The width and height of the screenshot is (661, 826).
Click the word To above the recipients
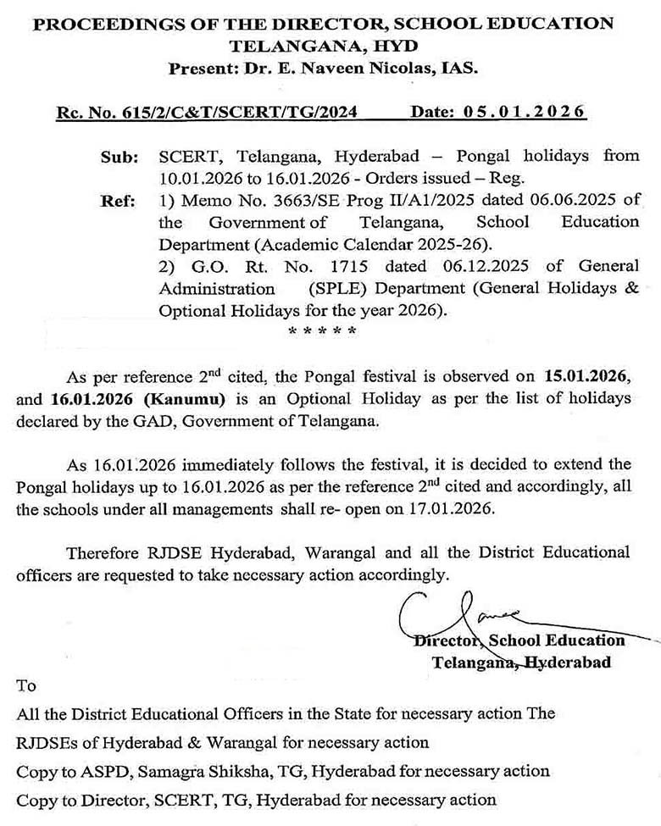26,685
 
